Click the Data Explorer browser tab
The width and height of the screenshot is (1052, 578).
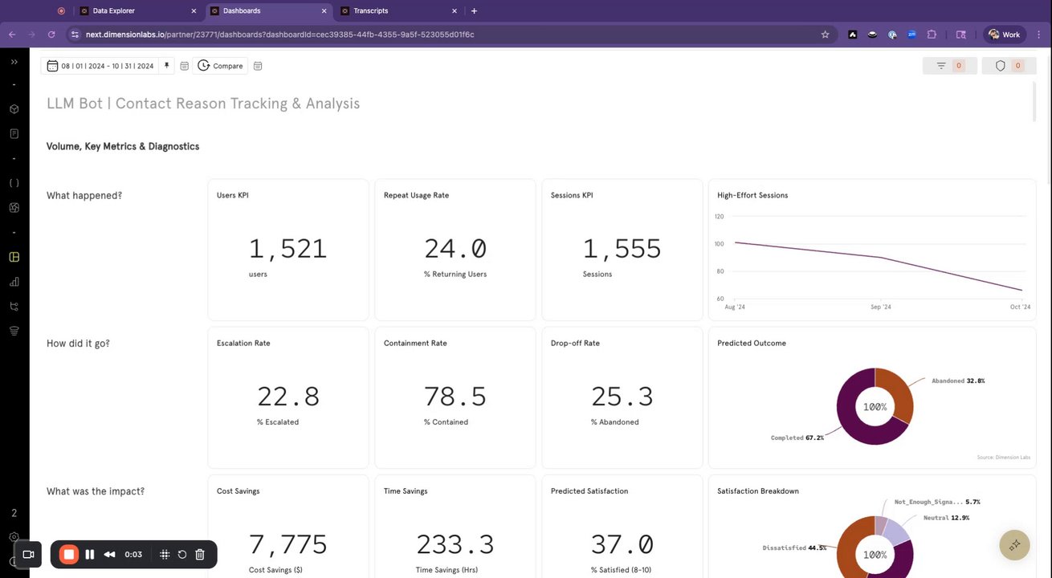(x=113, y=11)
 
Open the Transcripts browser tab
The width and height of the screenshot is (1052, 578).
(x=370, y=11)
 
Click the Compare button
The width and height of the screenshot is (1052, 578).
(x=221, y=66)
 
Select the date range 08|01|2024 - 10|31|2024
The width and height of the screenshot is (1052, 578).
(x=107, y=66)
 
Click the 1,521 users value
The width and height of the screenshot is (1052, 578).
(x=287, y=249)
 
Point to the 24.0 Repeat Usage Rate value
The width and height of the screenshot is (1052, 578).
(x=455, y=249)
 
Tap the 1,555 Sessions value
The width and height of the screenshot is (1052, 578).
(x=622, y=249)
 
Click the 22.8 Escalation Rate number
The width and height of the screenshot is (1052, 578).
(x=287, y=397)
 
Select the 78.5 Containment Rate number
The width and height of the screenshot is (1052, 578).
(x=455, y=397)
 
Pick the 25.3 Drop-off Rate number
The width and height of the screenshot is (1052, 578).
(x=622, y=397)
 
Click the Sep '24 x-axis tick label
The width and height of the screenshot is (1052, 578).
(x=881, y=307)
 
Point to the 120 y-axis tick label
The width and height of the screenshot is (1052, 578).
(x=719, y=217)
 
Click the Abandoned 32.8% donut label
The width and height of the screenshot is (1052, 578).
(x=958, y=381)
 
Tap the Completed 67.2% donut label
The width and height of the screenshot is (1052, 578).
(x=797, y=438)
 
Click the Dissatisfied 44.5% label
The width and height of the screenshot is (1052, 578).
(x=794, y=547)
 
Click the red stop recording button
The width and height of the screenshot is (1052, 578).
(x=69, y=554)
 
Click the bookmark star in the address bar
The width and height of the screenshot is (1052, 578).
(x=825, y=35)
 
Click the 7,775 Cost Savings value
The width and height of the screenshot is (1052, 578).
(x=287, y=544)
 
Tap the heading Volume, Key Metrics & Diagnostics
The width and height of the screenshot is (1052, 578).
(x=123, y=146)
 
